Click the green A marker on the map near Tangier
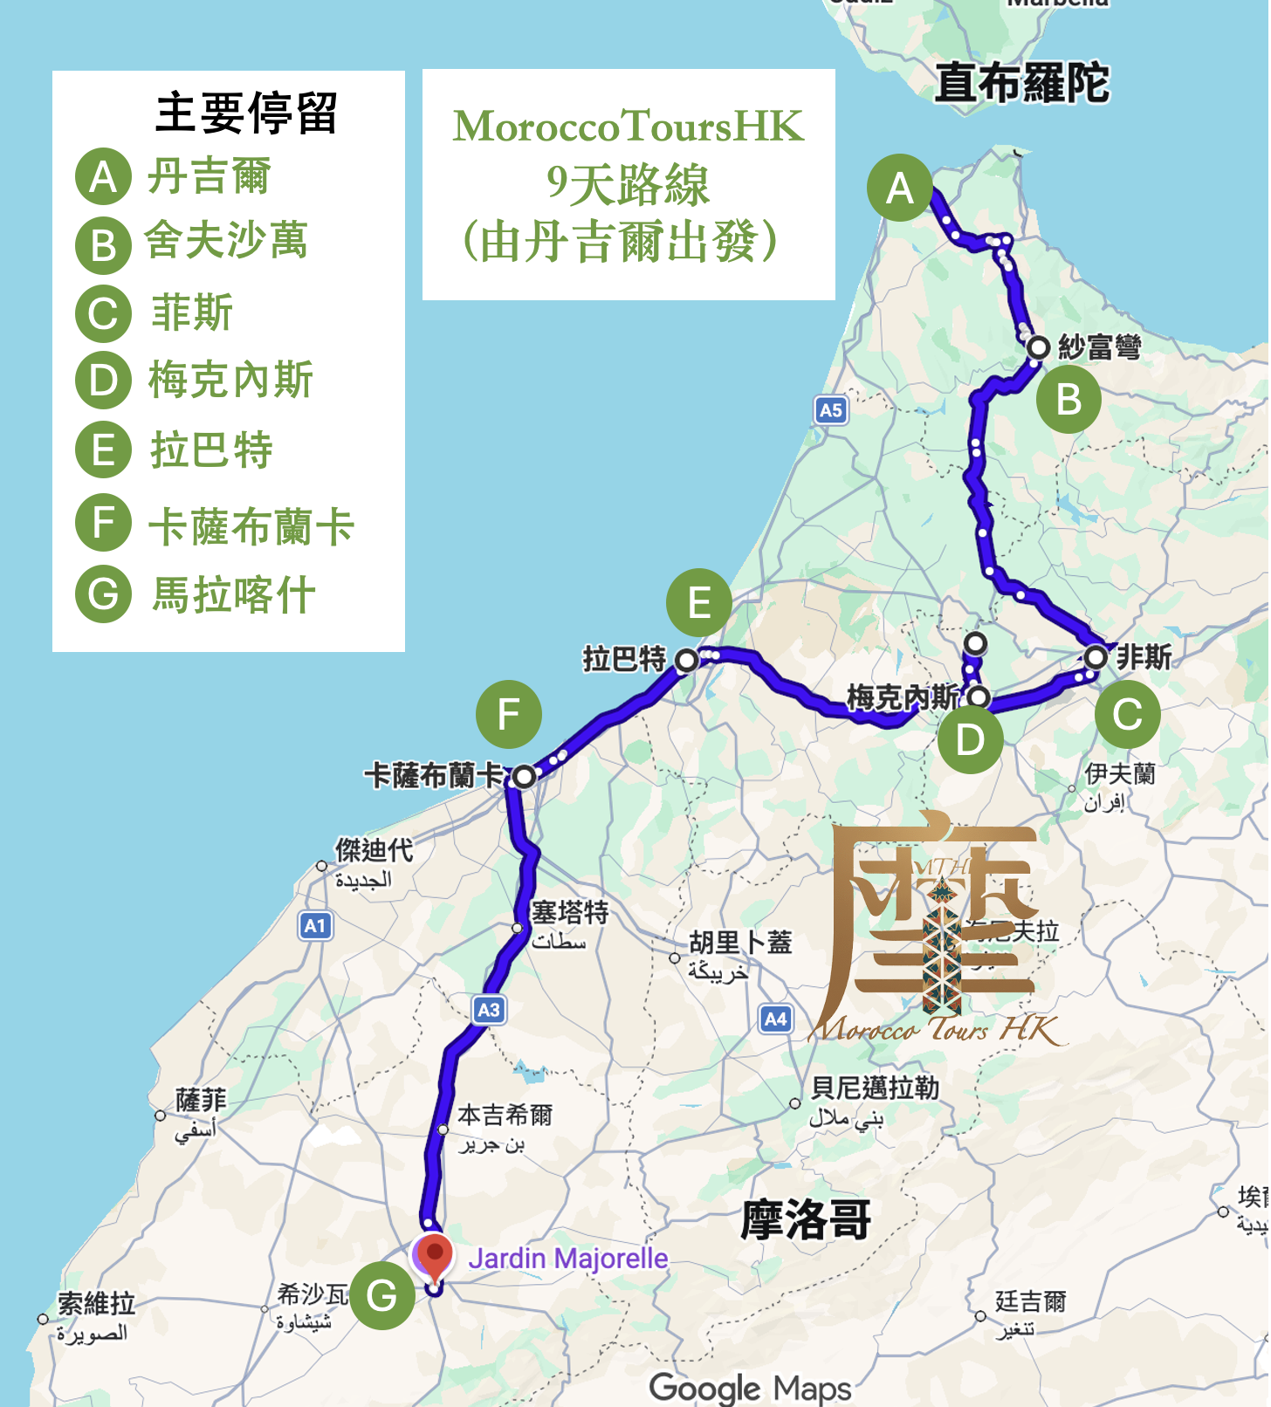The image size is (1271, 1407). pyautogui.click(x=900, y=188)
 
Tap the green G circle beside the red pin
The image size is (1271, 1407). pyautogui.click(x=382, y=1295)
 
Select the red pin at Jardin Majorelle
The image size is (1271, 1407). pyautogui.click(x=434, y=1256)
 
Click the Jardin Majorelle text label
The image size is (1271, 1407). pyautogui.click(x=567, y=1258)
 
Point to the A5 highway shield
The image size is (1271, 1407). pyautogui.click(x=831, y=410)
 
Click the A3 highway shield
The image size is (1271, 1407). pyautogui.click(x=489, y=1010)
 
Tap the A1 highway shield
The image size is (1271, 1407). pyautogui.click(x=315, y=925)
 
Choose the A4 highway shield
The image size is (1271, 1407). pyautogui.click(x=775, y=1018)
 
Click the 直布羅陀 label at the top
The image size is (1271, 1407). pyautogui.click(x=1021, y=83)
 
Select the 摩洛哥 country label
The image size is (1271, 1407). pyautogui.click(x=806, y=1219)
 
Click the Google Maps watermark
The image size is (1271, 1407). pyautogui.click(x=750, y=1387)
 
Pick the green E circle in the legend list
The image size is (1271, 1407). pyautogui.click(x=103, y=450)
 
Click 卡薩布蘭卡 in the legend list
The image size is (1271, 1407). pyautogui.click(x=251, y=526)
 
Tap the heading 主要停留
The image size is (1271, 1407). pyautogui.click(x=246, y=113)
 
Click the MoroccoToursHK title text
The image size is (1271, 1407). pyautogui.click(x=629, y=127)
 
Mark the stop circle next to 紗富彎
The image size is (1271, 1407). pyautogui.click(x=1038, y=347)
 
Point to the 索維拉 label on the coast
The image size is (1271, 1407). pyautogui.click(x=96, y=1304)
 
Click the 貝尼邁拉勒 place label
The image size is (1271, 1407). pyautogui.click(x=875, y=1088)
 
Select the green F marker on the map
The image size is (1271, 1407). pyautogui.click(x=509, y=714)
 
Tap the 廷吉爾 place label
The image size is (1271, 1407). pyautogui.click(x=1030, y=1302)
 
